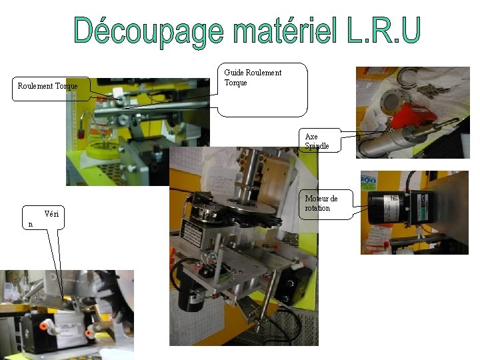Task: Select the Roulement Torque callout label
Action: coord(47,86)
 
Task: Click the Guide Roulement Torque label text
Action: coord(253,77)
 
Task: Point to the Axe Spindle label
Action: coord(317,141)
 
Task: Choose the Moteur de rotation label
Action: coord(321,203)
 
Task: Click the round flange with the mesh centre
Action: coord(391,103)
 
